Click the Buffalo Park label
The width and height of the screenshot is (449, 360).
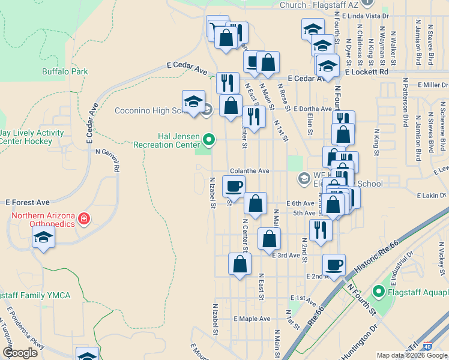tap(65, 71)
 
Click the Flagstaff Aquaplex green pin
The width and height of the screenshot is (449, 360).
tap(378, 292)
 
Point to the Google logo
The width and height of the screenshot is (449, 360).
tap(20, 353)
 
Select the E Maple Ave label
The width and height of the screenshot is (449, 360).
tap(252, 319)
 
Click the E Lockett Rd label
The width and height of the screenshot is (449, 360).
tap(367, 71)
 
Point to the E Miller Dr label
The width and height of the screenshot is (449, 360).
tap(427, 85)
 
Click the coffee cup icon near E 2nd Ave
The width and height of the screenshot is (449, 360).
tap(334, 263)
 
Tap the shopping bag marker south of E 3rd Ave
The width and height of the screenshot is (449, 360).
tap(240, 264)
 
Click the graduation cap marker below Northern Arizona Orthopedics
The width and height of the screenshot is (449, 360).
tap(43, 239)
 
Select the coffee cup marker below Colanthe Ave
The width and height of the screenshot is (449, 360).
tap(234, 185)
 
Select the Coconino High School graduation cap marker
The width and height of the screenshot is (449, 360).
tap(193, 101)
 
